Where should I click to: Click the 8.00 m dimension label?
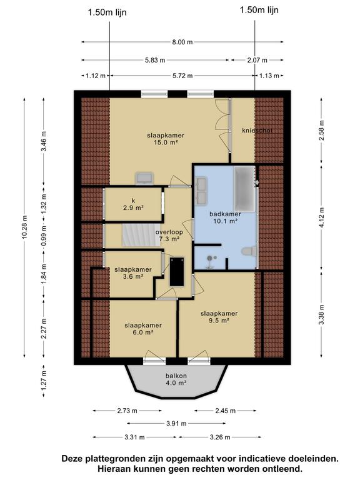click(182, 42)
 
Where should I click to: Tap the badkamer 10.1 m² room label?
click(225, 217)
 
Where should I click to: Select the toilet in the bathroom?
click(249, 251)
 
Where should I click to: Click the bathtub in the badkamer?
click(244, 189)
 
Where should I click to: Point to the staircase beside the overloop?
click(141, 235)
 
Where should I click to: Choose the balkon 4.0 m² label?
click(176, 379)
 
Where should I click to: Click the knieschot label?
click(257, 131)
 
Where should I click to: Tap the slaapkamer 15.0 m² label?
click(166, 139)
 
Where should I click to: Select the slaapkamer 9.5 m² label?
click(219, 317)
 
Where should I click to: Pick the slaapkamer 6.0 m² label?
click(143, 329)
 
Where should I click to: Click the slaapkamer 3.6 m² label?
click(133, 272)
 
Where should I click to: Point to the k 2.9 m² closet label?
click(133, 204)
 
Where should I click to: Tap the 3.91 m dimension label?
click(176, 424)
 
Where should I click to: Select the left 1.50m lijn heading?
click(107, 12)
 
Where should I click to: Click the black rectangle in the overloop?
click(177, 271)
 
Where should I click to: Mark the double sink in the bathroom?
click(202, 191)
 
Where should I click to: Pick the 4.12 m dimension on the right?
click(321, 217)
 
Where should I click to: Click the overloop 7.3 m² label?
click(169, 236)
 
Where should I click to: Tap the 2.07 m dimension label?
click(257, 60)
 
